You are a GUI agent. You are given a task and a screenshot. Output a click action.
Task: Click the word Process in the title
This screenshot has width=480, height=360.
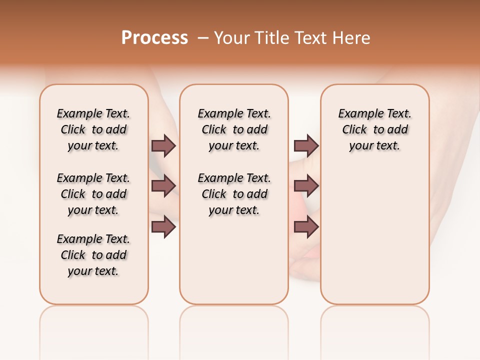pos(154,38)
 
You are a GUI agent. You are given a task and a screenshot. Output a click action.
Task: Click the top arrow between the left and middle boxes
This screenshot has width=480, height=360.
pos(163,146)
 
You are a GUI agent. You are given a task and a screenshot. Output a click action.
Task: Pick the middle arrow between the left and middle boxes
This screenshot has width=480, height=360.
pos(163,186)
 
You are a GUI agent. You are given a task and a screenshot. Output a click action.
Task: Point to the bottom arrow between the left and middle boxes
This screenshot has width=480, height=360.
pos(163,227)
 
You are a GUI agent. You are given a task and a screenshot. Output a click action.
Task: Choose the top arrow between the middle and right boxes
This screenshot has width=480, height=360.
pos(306,146)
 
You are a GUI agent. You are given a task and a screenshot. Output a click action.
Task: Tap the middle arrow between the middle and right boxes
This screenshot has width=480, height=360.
pos(306,186)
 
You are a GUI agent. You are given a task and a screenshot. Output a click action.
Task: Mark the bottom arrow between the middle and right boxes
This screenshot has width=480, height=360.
pos(306,227)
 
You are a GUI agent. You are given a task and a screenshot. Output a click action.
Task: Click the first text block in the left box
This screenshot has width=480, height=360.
pos(93,129)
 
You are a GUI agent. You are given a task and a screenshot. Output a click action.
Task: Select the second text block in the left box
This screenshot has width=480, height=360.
pos(93,194)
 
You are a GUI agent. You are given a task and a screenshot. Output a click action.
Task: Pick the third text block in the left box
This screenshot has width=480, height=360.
pos(93,255)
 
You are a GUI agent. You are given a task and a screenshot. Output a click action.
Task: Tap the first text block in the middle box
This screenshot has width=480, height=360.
pos(234,129)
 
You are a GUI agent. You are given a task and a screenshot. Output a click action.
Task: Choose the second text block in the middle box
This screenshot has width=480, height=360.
pos(234,194)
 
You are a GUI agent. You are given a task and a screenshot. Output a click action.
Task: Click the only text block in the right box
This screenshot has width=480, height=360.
pos(375,129)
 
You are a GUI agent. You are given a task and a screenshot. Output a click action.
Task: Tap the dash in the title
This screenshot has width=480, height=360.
pos(203,38)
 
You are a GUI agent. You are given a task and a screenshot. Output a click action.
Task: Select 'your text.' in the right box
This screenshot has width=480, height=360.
pos(375,146)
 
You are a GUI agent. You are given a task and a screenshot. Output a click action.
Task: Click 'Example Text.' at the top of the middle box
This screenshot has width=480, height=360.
pos(234,113)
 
